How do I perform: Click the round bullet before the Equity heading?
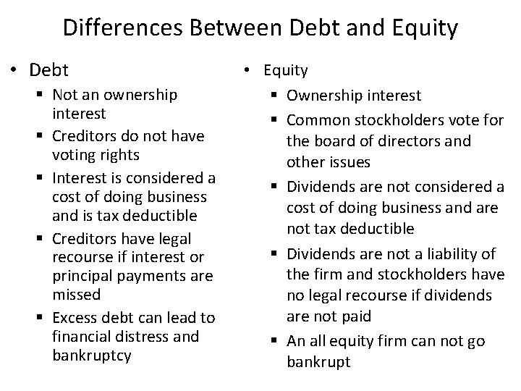247,70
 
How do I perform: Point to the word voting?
74,155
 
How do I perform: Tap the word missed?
76,295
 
